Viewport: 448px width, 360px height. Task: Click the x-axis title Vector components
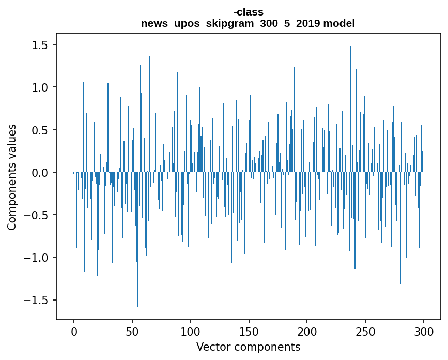pyautogui.click(x=248, y=347)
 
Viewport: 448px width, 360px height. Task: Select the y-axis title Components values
pyautogui.click(x=12, y=177)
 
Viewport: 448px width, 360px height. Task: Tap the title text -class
pyautogui.click(x=248, y=12)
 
